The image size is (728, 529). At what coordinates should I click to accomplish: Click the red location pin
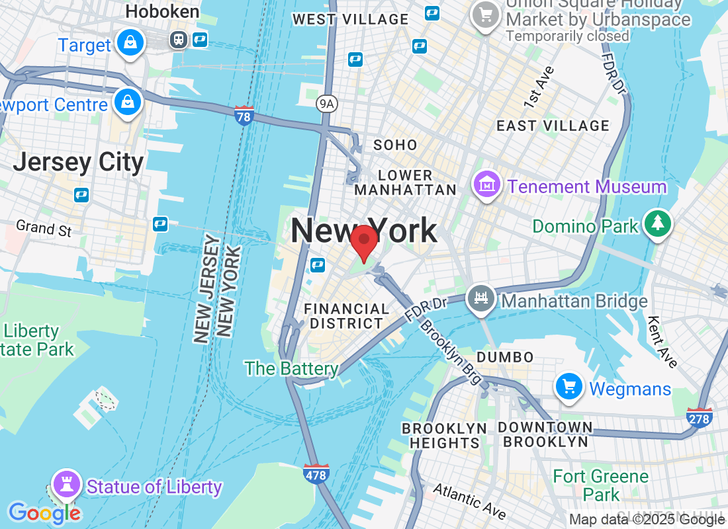(x=364, y=242)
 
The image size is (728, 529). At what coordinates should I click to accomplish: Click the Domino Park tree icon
(x=657, y=224)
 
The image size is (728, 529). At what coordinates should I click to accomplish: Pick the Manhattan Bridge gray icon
(x=481, y=299)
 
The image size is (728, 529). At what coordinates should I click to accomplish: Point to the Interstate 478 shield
(x=317, y=473)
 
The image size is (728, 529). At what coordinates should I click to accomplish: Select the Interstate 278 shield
(x=700, y=418)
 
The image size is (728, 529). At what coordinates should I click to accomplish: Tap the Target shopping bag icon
(x=130, y=44)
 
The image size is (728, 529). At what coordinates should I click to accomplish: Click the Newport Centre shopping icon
(x=126, y=102)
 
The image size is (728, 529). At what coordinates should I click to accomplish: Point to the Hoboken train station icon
(x=179, y=40)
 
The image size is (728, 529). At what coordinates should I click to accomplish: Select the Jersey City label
(x=78, y=162)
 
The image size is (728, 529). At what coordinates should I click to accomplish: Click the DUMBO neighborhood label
(x=505, y=357)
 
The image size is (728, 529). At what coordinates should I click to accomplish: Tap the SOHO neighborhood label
(x=395, y=145)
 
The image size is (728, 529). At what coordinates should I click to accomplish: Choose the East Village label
(x=553, y=126)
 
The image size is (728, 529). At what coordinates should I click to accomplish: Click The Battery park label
(x=291, y=368)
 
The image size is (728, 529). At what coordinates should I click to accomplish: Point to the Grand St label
(x=44, y=228)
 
